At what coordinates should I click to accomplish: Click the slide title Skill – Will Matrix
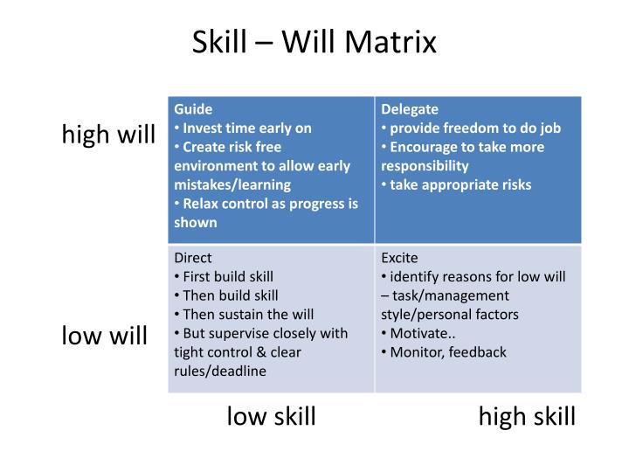[314, 42]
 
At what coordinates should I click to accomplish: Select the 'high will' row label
[108, 135]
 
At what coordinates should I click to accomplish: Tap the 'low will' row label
[105, 336]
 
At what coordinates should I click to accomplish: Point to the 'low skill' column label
[271, 416]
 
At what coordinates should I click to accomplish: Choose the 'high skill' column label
[527, 416]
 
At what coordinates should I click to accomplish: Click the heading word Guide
[193, 109]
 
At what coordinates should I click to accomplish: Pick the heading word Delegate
[410, 109]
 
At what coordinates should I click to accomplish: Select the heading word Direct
[193, 258]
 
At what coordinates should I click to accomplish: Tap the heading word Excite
[399, 258]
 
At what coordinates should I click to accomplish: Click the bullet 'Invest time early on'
[246, 128]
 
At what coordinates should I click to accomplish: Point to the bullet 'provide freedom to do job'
[474, 128]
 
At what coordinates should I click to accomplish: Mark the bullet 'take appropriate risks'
[460, 184]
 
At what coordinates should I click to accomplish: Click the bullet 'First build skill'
[228, 276]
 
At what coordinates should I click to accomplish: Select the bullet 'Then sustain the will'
[248, 314]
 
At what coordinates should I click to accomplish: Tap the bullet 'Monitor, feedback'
[447, 352]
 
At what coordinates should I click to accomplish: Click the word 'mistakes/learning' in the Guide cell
[232, 184]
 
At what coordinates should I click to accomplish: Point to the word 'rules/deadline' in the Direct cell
[220, 371]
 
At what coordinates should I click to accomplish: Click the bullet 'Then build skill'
[230, 295]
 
